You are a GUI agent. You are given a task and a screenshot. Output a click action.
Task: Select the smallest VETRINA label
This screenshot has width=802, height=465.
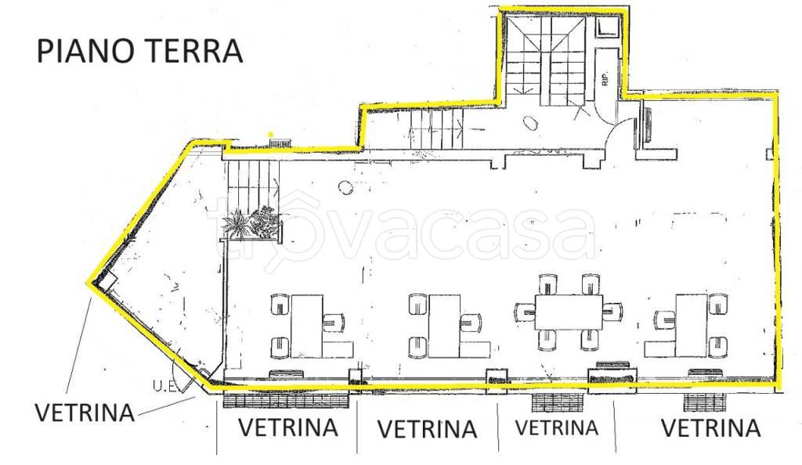(557, 427)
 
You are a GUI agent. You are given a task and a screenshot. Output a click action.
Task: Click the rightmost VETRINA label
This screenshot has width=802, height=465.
(710, 427)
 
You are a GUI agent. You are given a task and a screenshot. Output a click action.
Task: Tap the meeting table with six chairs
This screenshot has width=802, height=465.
(569, 312)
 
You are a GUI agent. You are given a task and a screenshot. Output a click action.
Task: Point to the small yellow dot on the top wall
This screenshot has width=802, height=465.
(271, 134)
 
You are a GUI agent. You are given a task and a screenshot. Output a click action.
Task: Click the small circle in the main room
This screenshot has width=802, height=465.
(345, 186)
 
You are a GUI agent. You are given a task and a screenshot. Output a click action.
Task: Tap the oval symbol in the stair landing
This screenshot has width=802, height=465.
(530, 121)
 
